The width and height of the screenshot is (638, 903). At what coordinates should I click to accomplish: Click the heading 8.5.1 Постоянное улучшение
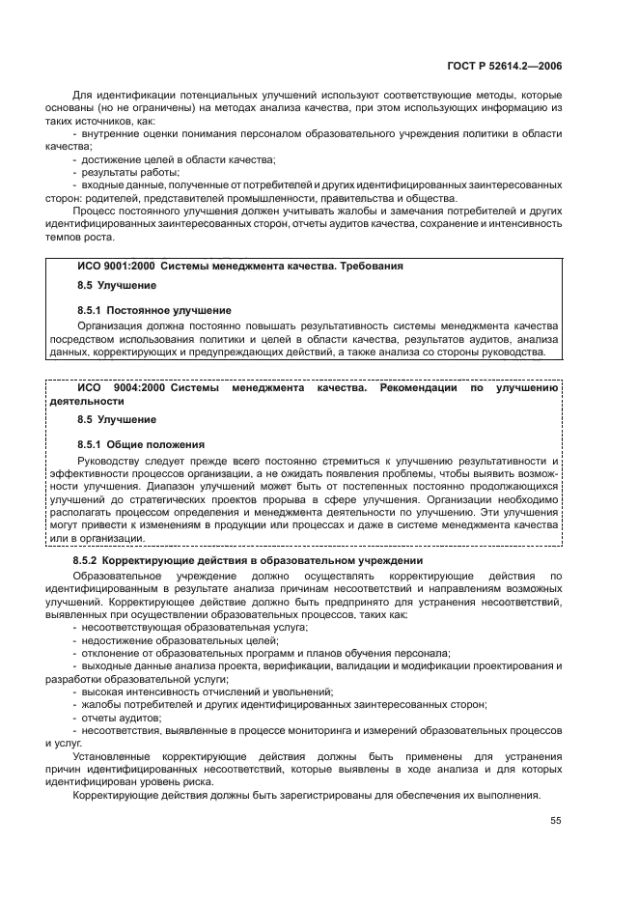pyautogui.click(x=153, y=310)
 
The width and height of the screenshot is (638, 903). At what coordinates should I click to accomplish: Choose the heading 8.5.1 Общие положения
pyautogui.click(x=140, y=445)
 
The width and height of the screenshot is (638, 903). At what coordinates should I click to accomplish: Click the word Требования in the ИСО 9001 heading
pyautogui.click(x=372, y=265)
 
